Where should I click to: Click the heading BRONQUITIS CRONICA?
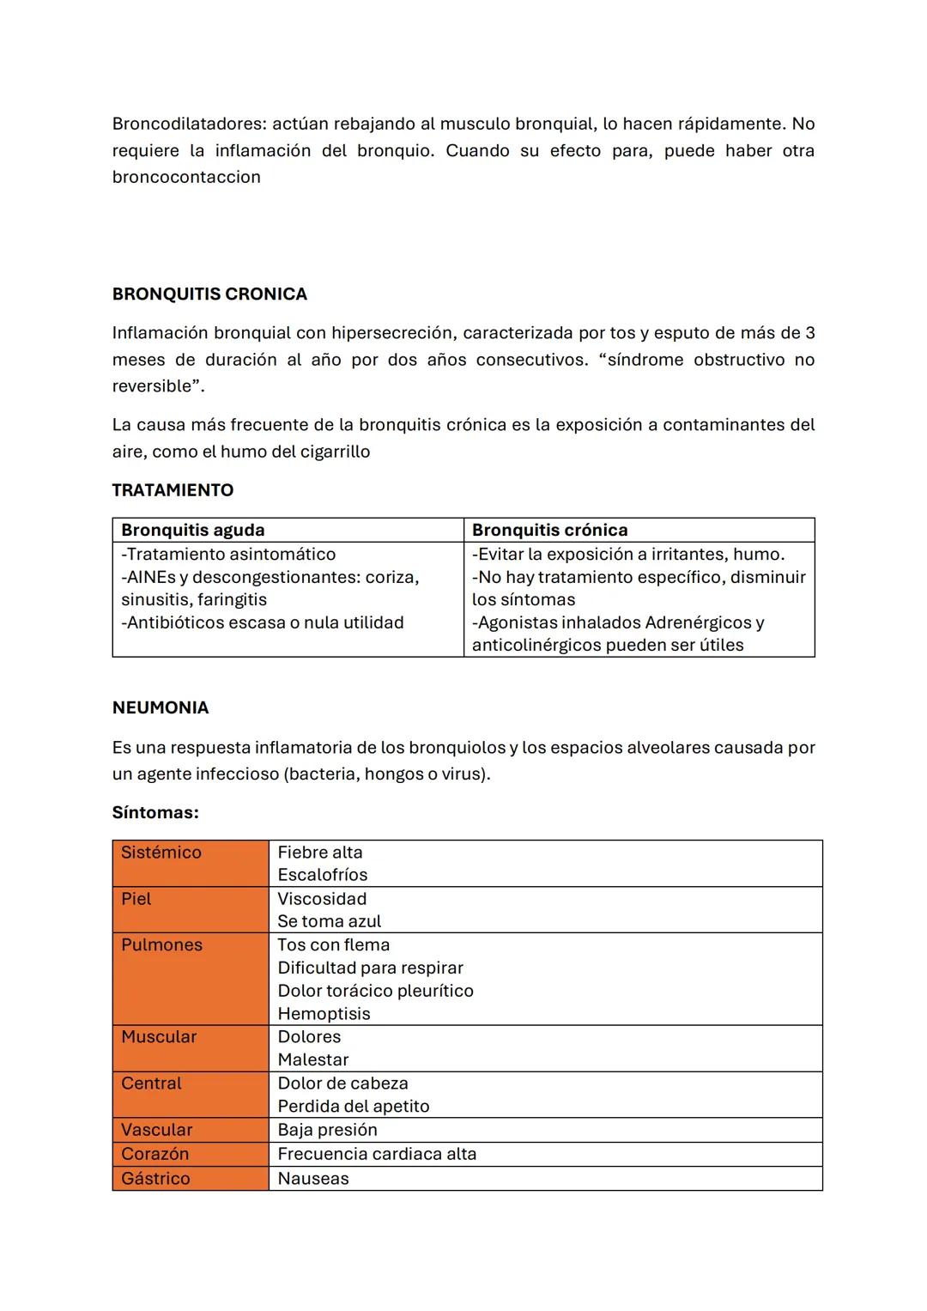point(209,294)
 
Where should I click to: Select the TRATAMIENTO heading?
point(173,490)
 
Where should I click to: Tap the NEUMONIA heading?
point(161,708)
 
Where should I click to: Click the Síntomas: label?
point(155,812)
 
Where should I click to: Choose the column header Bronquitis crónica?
point(549,531)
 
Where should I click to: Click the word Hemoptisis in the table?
point(324,1014)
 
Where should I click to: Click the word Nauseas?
point(313,1179)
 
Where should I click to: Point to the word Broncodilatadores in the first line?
point(189,124)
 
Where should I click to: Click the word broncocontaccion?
point(186,178)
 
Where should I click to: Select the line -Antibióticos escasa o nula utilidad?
point(263,622)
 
